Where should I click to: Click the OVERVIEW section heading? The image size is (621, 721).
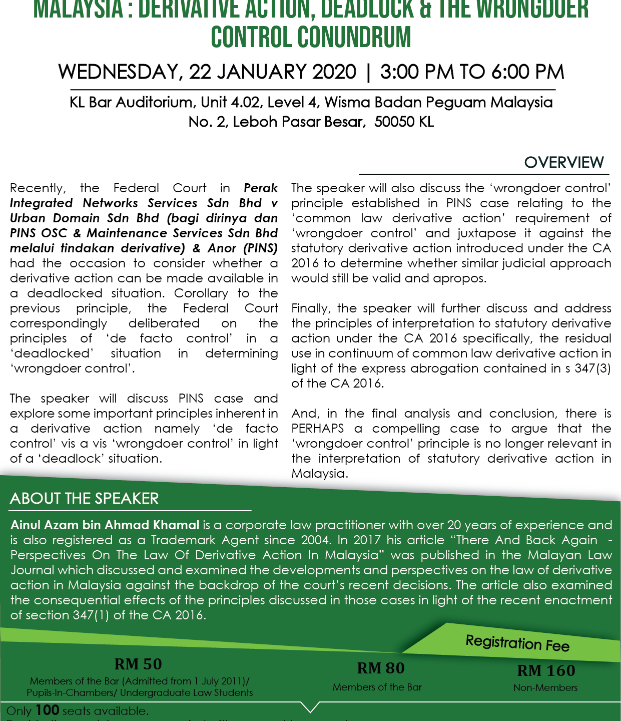click(x=564, y=163)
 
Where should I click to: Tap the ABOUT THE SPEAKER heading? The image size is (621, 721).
click(x=84, y=499)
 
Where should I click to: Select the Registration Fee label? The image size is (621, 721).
click(x=517, y=643)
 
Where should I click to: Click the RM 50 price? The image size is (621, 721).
click(x=138, y=664)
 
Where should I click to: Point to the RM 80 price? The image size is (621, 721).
click(x=380, y=668)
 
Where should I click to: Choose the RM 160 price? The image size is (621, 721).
click(x=546, y=671)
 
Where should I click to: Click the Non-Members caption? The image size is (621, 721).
click(x=545, y=688)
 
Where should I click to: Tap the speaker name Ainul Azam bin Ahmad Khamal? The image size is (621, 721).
click(x=105, y=525)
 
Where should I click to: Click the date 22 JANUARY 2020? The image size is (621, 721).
click(x=273, y=72)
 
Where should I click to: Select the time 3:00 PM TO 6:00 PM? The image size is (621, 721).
click(x=472, y=72)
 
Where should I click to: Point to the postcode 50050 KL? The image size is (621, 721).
click(x=404, y=122)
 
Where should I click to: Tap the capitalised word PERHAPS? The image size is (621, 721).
click(x=318, y=429)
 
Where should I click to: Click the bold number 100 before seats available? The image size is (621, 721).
click(x=48, y=710)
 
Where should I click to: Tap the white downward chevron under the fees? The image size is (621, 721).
click(x=311, y=707)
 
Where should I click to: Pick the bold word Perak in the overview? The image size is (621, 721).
click(x=261, y=188)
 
